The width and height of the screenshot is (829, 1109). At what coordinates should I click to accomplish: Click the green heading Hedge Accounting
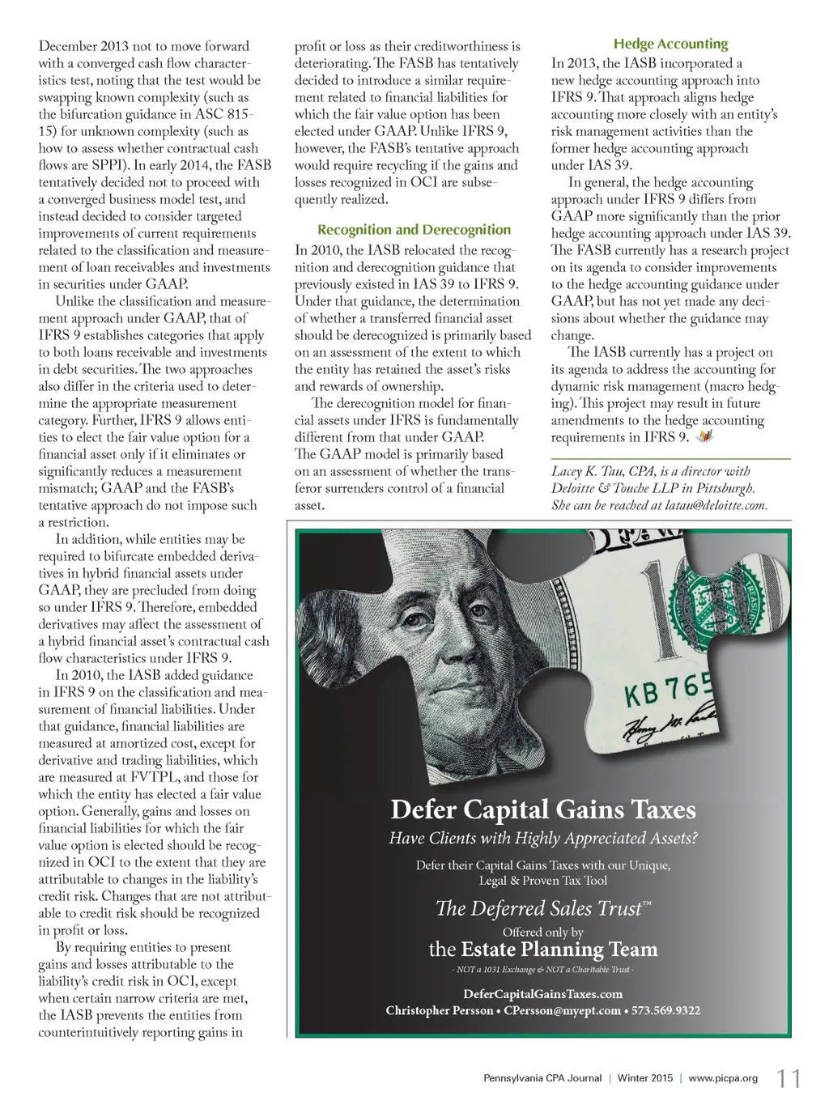tap(670, 44)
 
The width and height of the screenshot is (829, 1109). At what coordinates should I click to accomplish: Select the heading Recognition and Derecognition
tap(414, 230)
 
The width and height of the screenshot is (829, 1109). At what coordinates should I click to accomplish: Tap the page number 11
tap(789, 1078)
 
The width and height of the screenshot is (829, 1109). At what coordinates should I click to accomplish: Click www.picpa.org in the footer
tap(723, 1078)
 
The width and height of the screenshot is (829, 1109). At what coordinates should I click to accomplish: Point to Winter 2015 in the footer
tap(644, 1078)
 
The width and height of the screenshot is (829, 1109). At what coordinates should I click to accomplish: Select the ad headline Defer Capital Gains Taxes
tap(542, 809)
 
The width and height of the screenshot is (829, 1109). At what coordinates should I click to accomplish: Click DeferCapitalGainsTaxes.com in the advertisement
tap(542, 994)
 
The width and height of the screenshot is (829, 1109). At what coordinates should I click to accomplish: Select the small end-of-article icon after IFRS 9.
tap(705, 437)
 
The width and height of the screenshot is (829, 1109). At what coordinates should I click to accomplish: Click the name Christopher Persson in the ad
tap(439, 1010)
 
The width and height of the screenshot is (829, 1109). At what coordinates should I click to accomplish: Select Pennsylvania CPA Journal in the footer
tap(542, 1078)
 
